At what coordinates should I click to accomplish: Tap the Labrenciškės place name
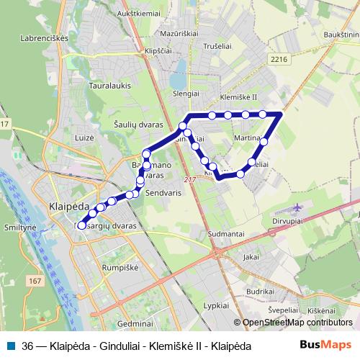[x=45, y=37]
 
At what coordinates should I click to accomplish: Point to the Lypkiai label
[x=216, y=306]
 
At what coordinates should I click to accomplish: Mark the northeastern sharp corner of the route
[x=281, y=114]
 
